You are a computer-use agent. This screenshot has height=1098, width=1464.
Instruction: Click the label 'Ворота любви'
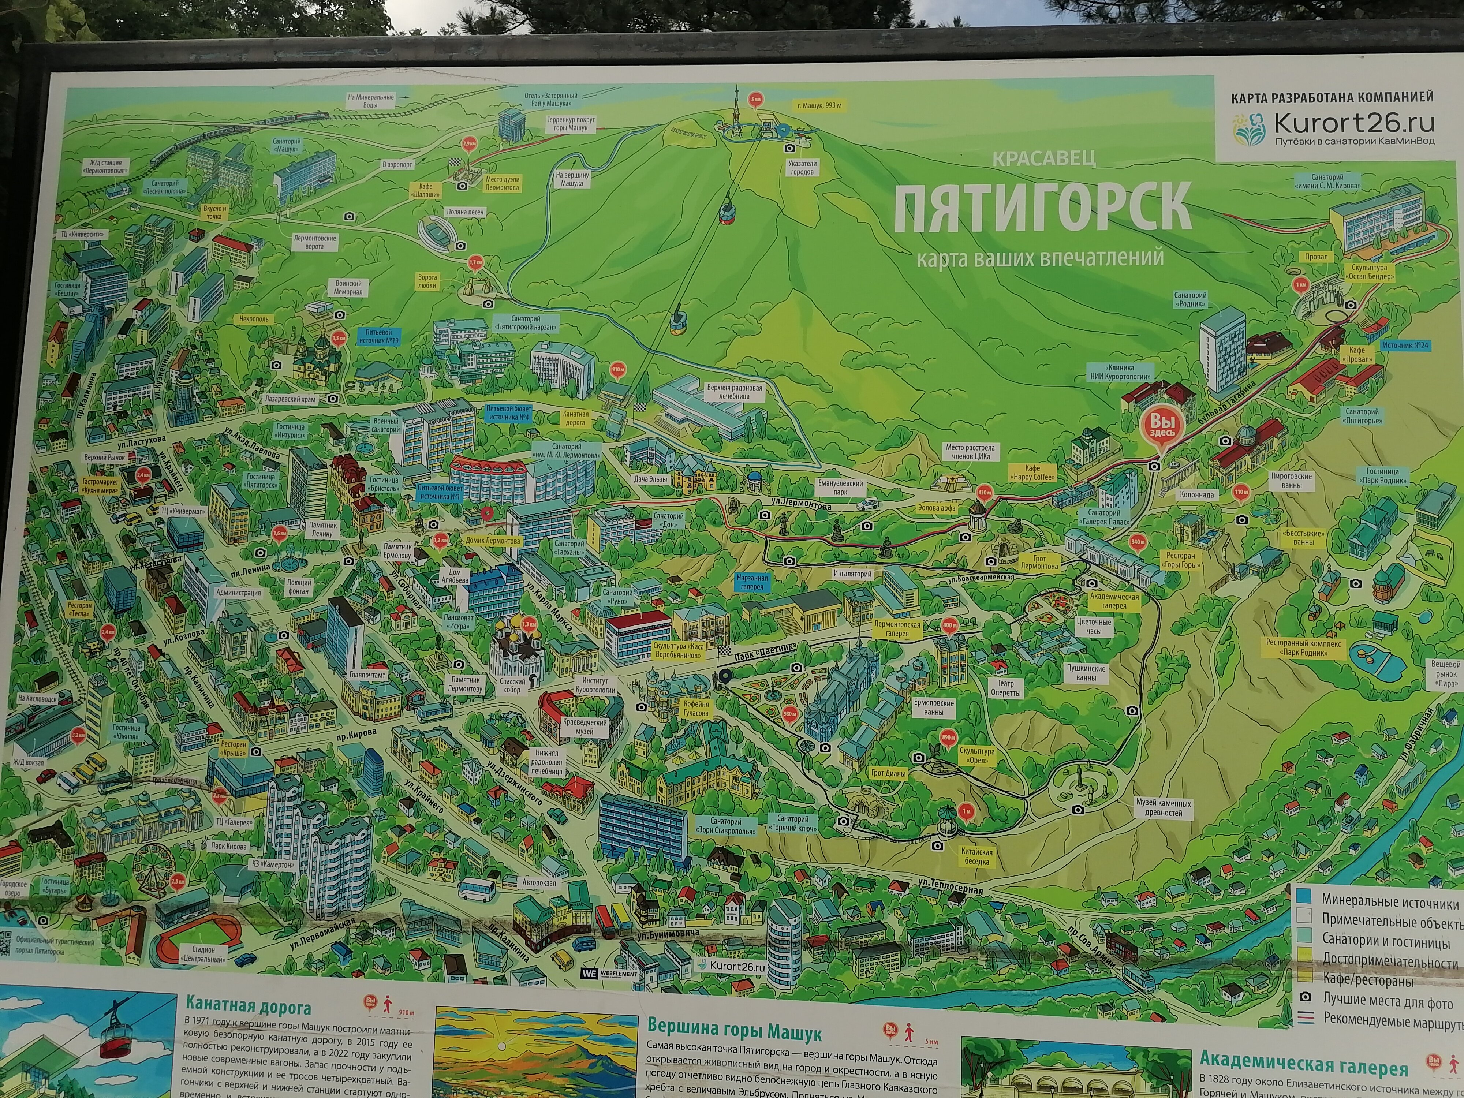click(427, 281)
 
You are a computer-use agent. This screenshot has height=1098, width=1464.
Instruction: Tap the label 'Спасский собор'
click(512, 685)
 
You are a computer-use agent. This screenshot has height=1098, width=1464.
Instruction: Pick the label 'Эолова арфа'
click(937, 508)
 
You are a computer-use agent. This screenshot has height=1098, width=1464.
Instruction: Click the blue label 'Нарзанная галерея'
click(752, 582)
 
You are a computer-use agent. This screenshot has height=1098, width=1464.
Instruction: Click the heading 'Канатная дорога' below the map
click(248, 1007)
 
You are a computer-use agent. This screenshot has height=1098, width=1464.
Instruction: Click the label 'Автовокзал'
click(539, 882)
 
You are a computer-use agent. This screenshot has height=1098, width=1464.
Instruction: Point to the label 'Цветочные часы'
click(1093, 626)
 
